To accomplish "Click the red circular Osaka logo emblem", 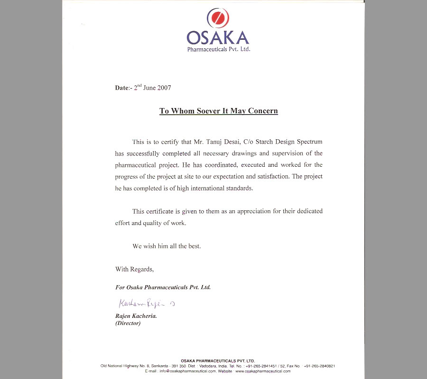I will point(217,19).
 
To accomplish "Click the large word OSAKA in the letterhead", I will point(218,38).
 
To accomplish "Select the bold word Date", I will point(121,88).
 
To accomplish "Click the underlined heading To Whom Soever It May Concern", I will point(218,111).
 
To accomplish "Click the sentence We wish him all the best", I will point(167,246).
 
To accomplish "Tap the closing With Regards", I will point(134,269).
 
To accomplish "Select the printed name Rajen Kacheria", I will point(136,316).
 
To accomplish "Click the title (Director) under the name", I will point(128,324).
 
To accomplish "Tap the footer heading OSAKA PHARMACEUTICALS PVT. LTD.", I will point(218,361).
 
